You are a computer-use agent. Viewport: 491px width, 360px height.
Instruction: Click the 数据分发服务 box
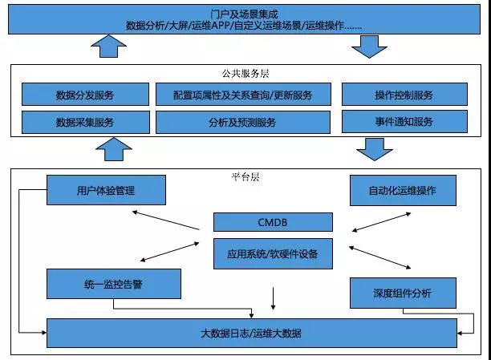[85, 95]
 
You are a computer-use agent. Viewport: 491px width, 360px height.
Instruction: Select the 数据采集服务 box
[85, 123]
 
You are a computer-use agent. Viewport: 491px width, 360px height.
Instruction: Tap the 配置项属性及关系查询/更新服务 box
[242, 95]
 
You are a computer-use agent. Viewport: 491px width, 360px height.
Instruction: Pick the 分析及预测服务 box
[242, 123]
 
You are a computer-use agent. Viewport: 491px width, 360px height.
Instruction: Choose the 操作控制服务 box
[404, 95]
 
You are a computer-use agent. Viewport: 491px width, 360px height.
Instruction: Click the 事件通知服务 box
[404, 122]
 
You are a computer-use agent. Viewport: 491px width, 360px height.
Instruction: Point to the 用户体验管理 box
[106, 191]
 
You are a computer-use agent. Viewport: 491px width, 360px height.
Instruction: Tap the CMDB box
[273, 222]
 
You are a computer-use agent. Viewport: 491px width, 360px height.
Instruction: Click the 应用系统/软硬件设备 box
[273, 253]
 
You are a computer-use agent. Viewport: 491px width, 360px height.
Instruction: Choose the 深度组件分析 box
[403, 293]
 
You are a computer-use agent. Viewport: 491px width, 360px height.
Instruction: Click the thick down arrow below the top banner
[370, 46]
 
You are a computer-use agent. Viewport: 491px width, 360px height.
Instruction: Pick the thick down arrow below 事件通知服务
[374, 149]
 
